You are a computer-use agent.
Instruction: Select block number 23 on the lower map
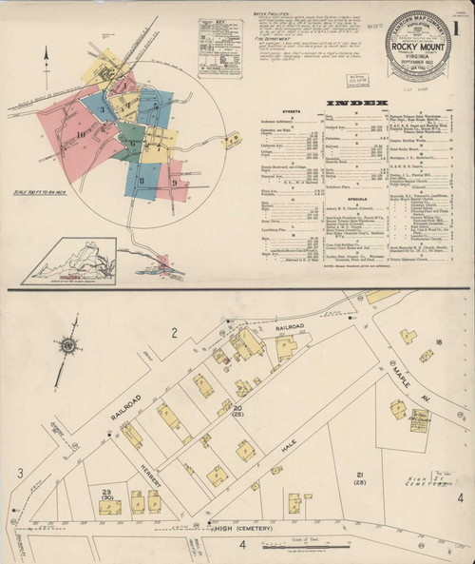105,492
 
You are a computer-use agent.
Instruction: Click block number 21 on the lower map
360,476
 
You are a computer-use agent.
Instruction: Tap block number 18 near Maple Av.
440,341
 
